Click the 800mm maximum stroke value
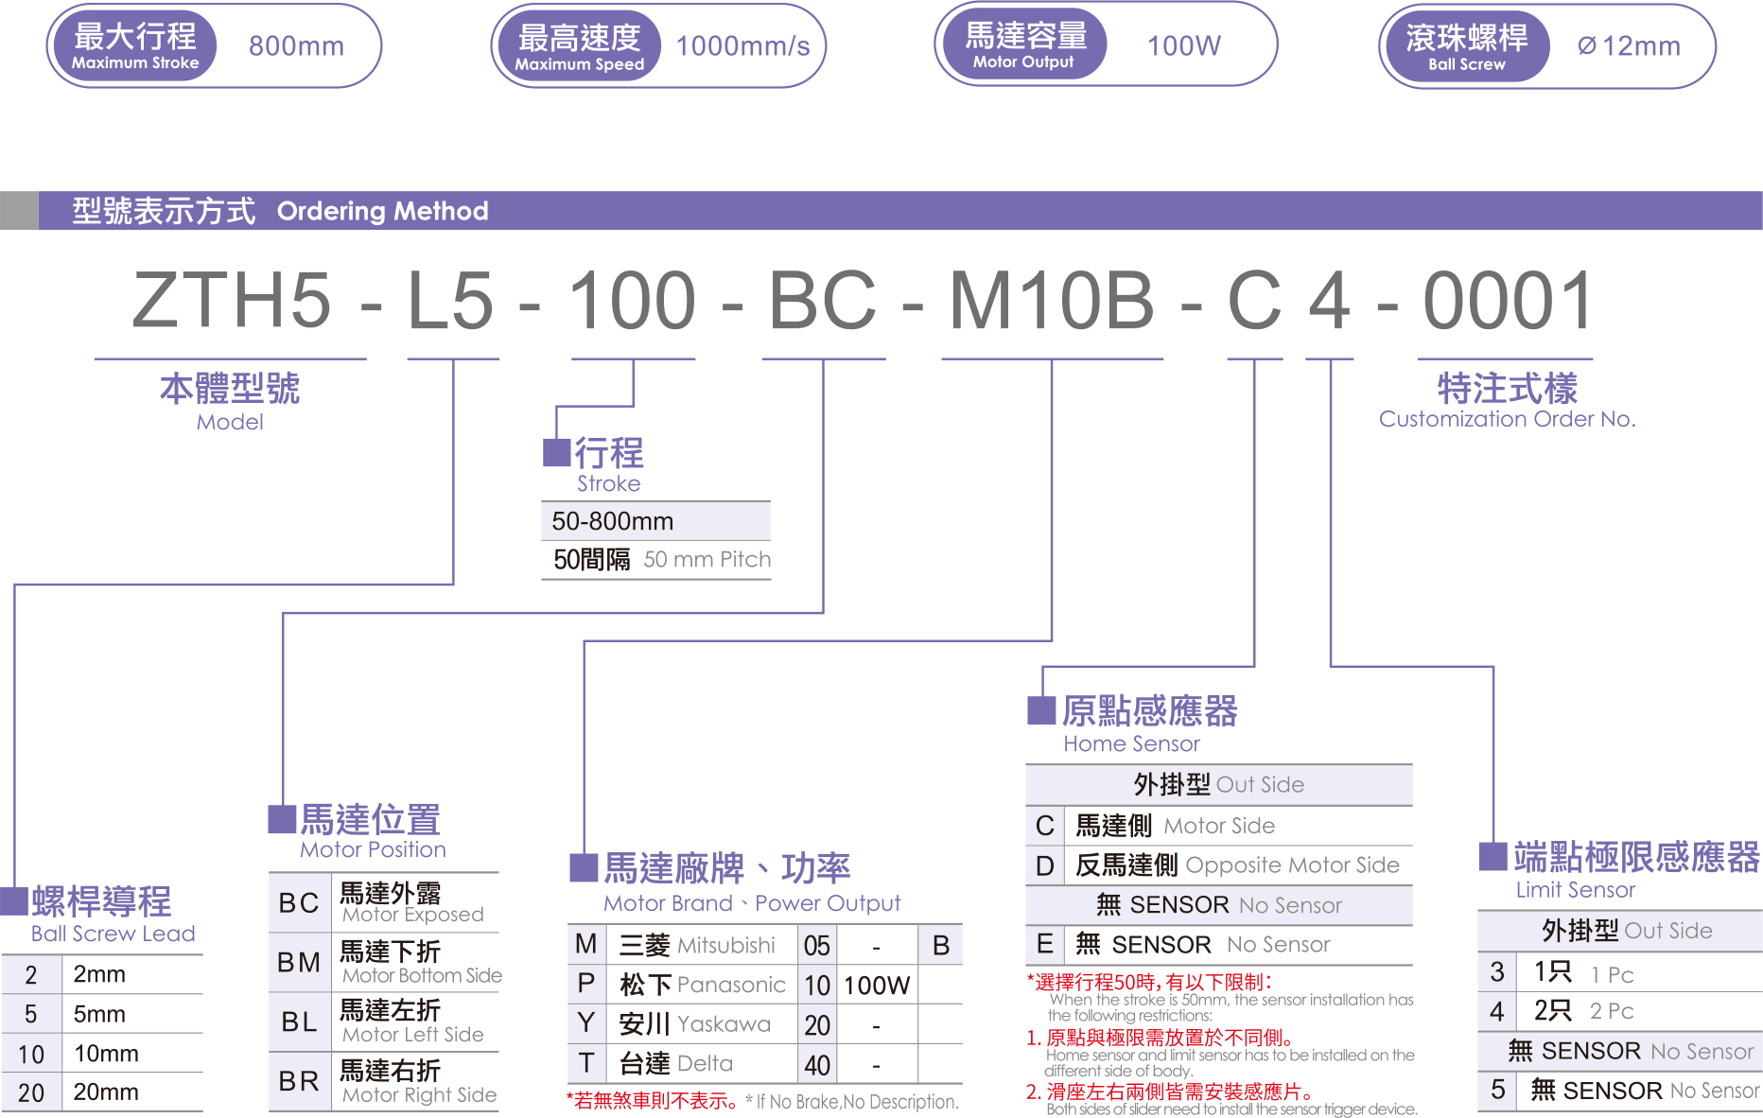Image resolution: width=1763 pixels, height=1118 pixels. point(296,45)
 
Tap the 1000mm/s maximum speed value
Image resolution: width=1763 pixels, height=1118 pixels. point(742,45)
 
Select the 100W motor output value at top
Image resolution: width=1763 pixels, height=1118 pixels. point(1183,45)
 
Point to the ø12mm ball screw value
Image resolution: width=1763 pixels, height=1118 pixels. point(1629,45)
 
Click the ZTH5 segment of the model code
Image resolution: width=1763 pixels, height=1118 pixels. point(233,301)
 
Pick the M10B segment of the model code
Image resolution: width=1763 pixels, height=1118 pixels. point(1051,301)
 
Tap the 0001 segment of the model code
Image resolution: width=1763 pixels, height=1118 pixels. point(1508,301)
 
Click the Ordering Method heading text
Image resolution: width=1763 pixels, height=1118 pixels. point(382,211)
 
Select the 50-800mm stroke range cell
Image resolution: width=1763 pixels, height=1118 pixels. point(613,521)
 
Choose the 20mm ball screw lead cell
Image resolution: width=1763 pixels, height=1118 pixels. point(106,1092)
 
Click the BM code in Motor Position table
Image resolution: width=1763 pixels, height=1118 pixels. point(299,962)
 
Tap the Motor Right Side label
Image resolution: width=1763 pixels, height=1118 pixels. point(419,1095)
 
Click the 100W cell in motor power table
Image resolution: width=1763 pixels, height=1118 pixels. point(876,986)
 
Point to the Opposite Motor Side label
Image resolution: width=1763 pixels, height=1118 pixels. point(1292,865)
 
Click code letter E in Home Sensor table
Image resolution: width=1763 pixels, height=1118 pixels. point(1044,944)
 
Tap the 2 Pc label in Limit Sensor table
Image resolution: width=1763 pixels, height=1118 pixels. point(1612,1011)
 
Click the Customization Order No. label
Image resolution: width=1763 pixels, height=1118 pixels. point(1507,419)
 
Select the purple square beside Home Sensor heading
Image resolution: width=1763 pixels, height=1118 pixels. point(1041,709)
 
